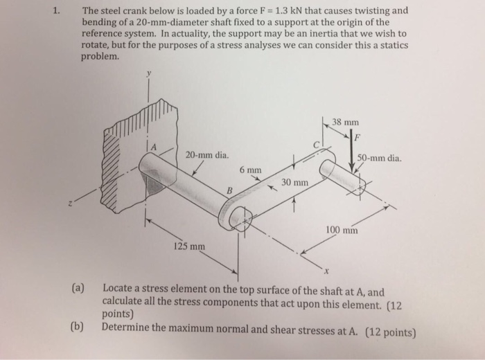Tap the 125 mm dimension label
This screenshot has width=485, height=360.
coord(188,246)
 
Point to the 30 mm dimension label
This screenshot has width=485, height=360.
coord(294,182)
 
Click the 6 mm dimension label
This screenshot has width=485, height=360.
coord(251,169)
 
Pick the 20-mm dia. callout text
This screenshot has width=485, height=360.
coord(207,155)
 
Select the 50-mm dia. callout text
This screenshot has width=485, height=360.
coord(379,157)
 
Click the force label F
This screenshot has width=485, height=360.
coord(358,136)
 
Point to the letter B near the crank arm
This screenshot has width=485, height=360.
coord(230,190)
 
